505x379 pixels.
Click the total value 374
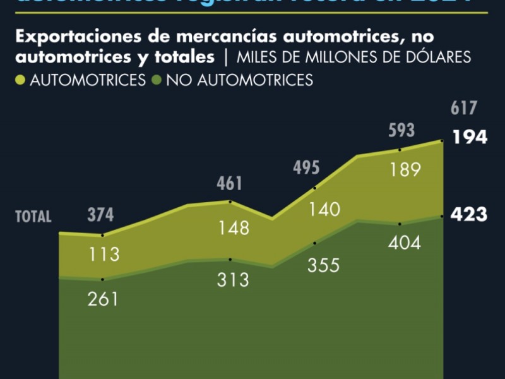(100, 215)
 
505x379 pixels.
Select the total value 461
(229, 184)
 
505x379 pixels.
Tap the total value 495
(307, 169)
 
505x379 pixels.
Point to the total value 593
(401, 131)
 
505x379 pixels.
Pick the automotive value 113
(104, 255)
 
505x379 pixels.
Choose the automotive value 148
(233, 228)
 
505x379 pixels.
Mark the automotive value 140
(324, 210)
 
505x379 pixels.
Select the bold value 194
(469, 138)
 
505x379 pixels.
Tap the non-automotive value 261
(103, 299)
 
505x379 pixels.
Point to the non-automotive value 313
(233, 279)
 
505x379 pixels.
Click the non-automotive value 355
(323, 265)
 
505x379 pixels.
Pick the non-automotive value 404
(405, 243)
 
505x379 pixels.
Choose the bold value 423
(469, 215)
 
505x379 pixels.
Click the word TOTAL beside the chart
(33, 217)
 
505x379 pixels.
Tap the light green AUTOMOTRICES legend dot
(20, 80)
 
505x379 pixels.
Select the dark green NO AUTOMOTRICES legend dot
(156, 80)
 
